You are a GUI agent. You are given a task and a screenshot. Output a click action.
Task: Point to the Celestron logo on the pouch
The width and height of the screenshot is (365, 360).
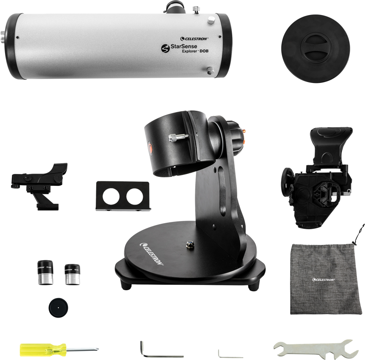click(x=323, y=279)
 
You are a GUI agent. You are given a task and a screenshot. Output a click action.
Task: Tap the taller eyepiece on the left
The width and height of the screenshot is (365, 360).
click(x=45, y=273)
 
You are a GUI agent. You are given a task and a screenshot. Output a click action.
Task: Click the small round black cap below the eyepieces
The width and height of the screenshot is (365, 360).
click(x=57, y=306)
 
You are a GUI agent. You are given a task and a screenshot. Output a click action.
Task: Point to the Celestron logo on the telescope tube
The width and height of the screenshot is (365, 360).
click(x=194, y=39)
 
